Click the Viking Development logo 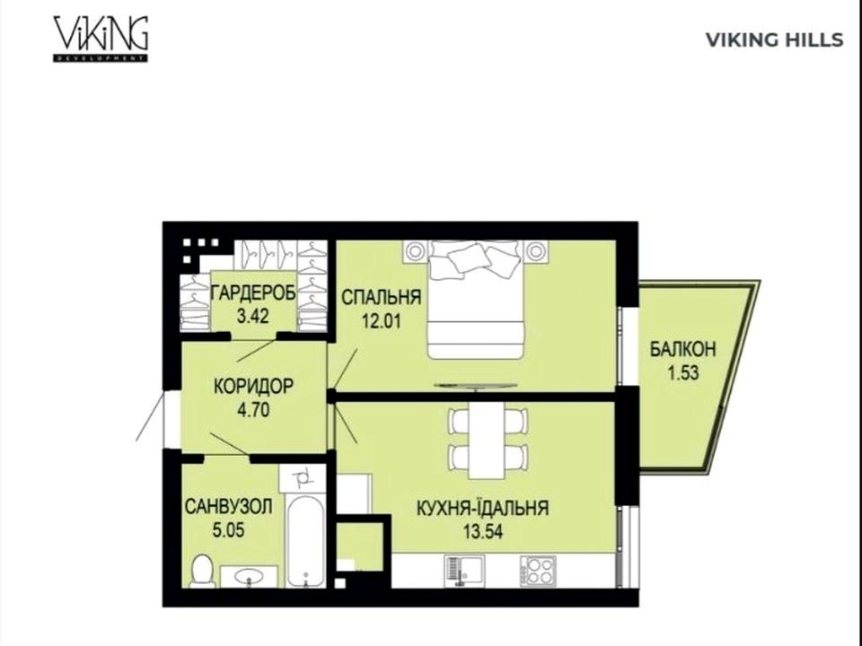(x=101, y=39)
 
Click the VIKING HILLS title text (x=774, y=40)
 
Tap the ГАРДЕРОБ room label (x=253, y=292)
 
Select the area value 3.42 (x=253, y=317)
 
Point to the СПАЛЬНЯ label (x=381, y=297)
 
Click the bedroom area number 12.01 (x=381, y=321)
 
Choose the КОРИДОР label (x=253, y=386)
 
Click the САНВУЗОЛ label (x=228, y=506)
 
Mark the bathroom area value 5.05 (x=228, y=530)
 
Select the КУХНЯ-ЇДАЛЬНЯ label (x=483, y=508)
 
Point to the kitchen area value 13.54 (x=482, y=532)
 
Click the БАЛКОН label (x=682, y=349)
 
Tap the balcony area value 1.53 (x=682, y=373)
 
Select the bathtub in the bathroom (x=305, y=542)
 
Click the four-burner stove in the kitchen (x=538, y=572)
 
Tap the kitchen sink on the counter (x=464, y=572)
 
